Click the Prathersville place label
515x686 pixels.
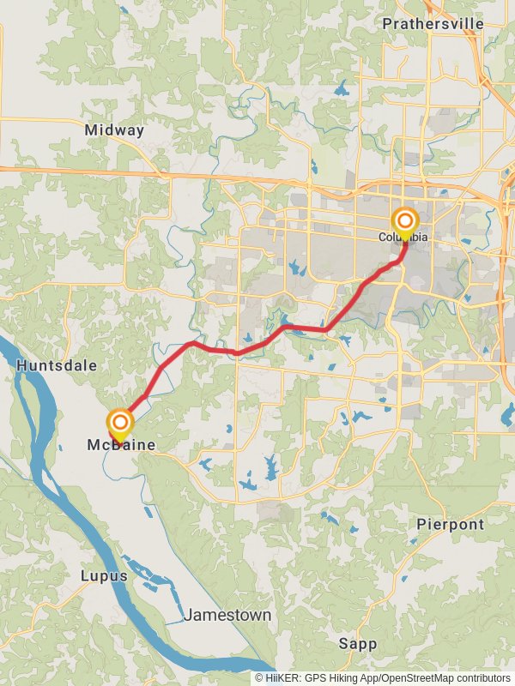click(433, 23)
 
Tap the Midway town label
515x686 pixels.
click(114, 130)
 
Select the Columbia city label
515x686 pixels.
click(403, 238)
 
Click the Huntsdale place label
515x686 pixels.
click(57, 365)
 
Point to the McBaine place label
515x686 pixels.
click(121, 444)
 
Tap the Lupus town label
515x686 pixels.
click(104, 575)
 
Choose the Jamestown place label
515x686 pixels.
click(227, 615)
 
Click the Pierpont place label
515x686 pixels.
click(450, 524)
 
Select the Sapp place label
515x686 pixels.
click(357, 643)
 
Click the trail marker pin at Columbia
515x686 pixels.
click(404, 223)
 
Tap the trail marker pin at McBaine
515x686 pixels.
click(120, 424)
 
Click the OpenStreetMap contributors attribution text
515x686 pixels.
click(445, 677)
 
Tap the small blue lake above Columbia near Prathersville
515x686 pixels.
click(343, 88)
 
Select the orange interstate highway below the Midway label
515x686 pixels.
click(129, 171)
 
